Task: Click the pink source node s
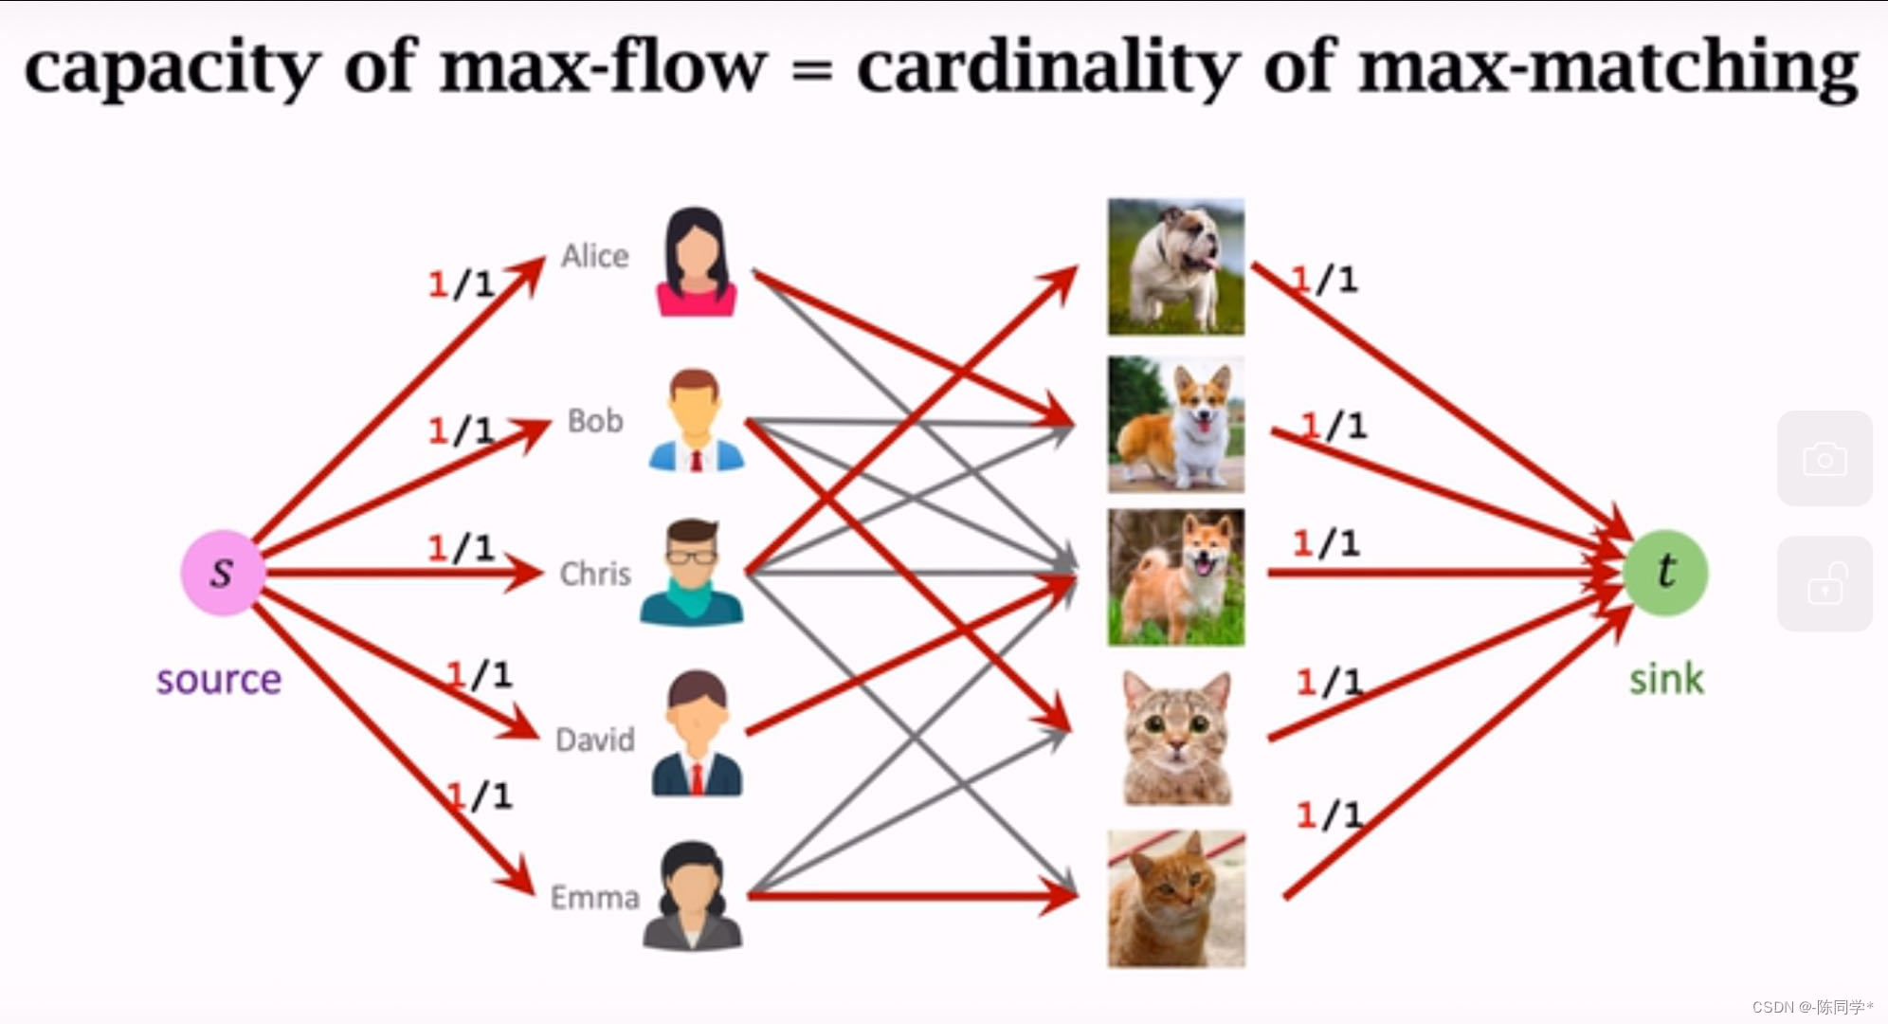[222, 572]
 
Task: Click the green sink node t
[1665, 572]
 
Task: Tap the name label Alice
[594, 256]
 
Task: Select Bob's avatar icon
[696, 421]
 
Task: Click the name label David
[594, 740]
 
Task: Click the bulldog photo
[1175, 266]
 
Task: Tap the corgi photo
[1175, 424]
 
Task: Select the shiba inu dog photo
[1175, 577]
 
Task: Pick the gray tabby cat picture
[1176, 738]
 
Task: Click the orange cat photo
[1176, 898]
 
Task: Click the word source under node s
[219, 680]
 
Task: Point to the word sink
[1665, 679]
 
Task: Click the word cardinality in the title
[1047, 68]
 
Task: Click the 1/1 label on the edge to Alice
[462, 283]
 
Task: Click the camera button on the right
[1824, 459]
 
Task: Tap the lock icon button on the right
[1824, 584]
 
